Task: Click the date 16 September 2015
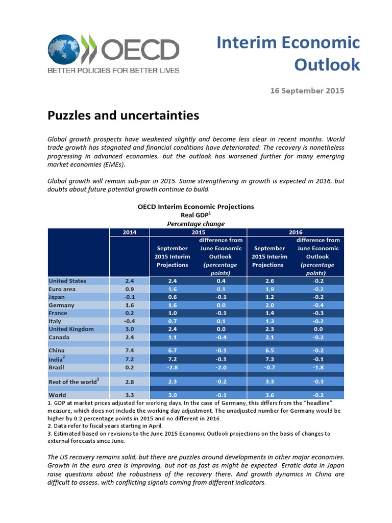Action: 307,91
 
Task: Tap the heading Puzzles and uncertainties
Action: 123,116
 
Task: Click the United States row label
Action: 67,281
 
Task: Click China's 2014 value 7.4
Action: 129,351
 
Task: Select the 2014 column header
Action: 130,232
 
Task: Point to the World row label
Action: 57,395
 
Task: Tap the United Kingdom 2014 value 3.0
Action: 129,329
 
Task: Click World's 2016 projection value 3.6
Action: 270,395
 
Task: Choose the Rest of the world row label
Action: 73,382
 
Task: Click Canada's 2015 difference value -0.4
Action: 220,338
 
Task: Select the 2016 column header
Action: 296,232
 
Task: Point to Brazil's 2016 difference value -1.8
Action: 317,368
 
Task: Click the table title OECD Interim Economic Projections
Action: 196,207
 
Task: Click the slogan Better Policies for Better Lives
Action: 113,70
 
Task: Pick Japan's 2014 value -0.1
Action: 129,297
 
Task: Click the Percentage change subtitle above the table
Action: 196,224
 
